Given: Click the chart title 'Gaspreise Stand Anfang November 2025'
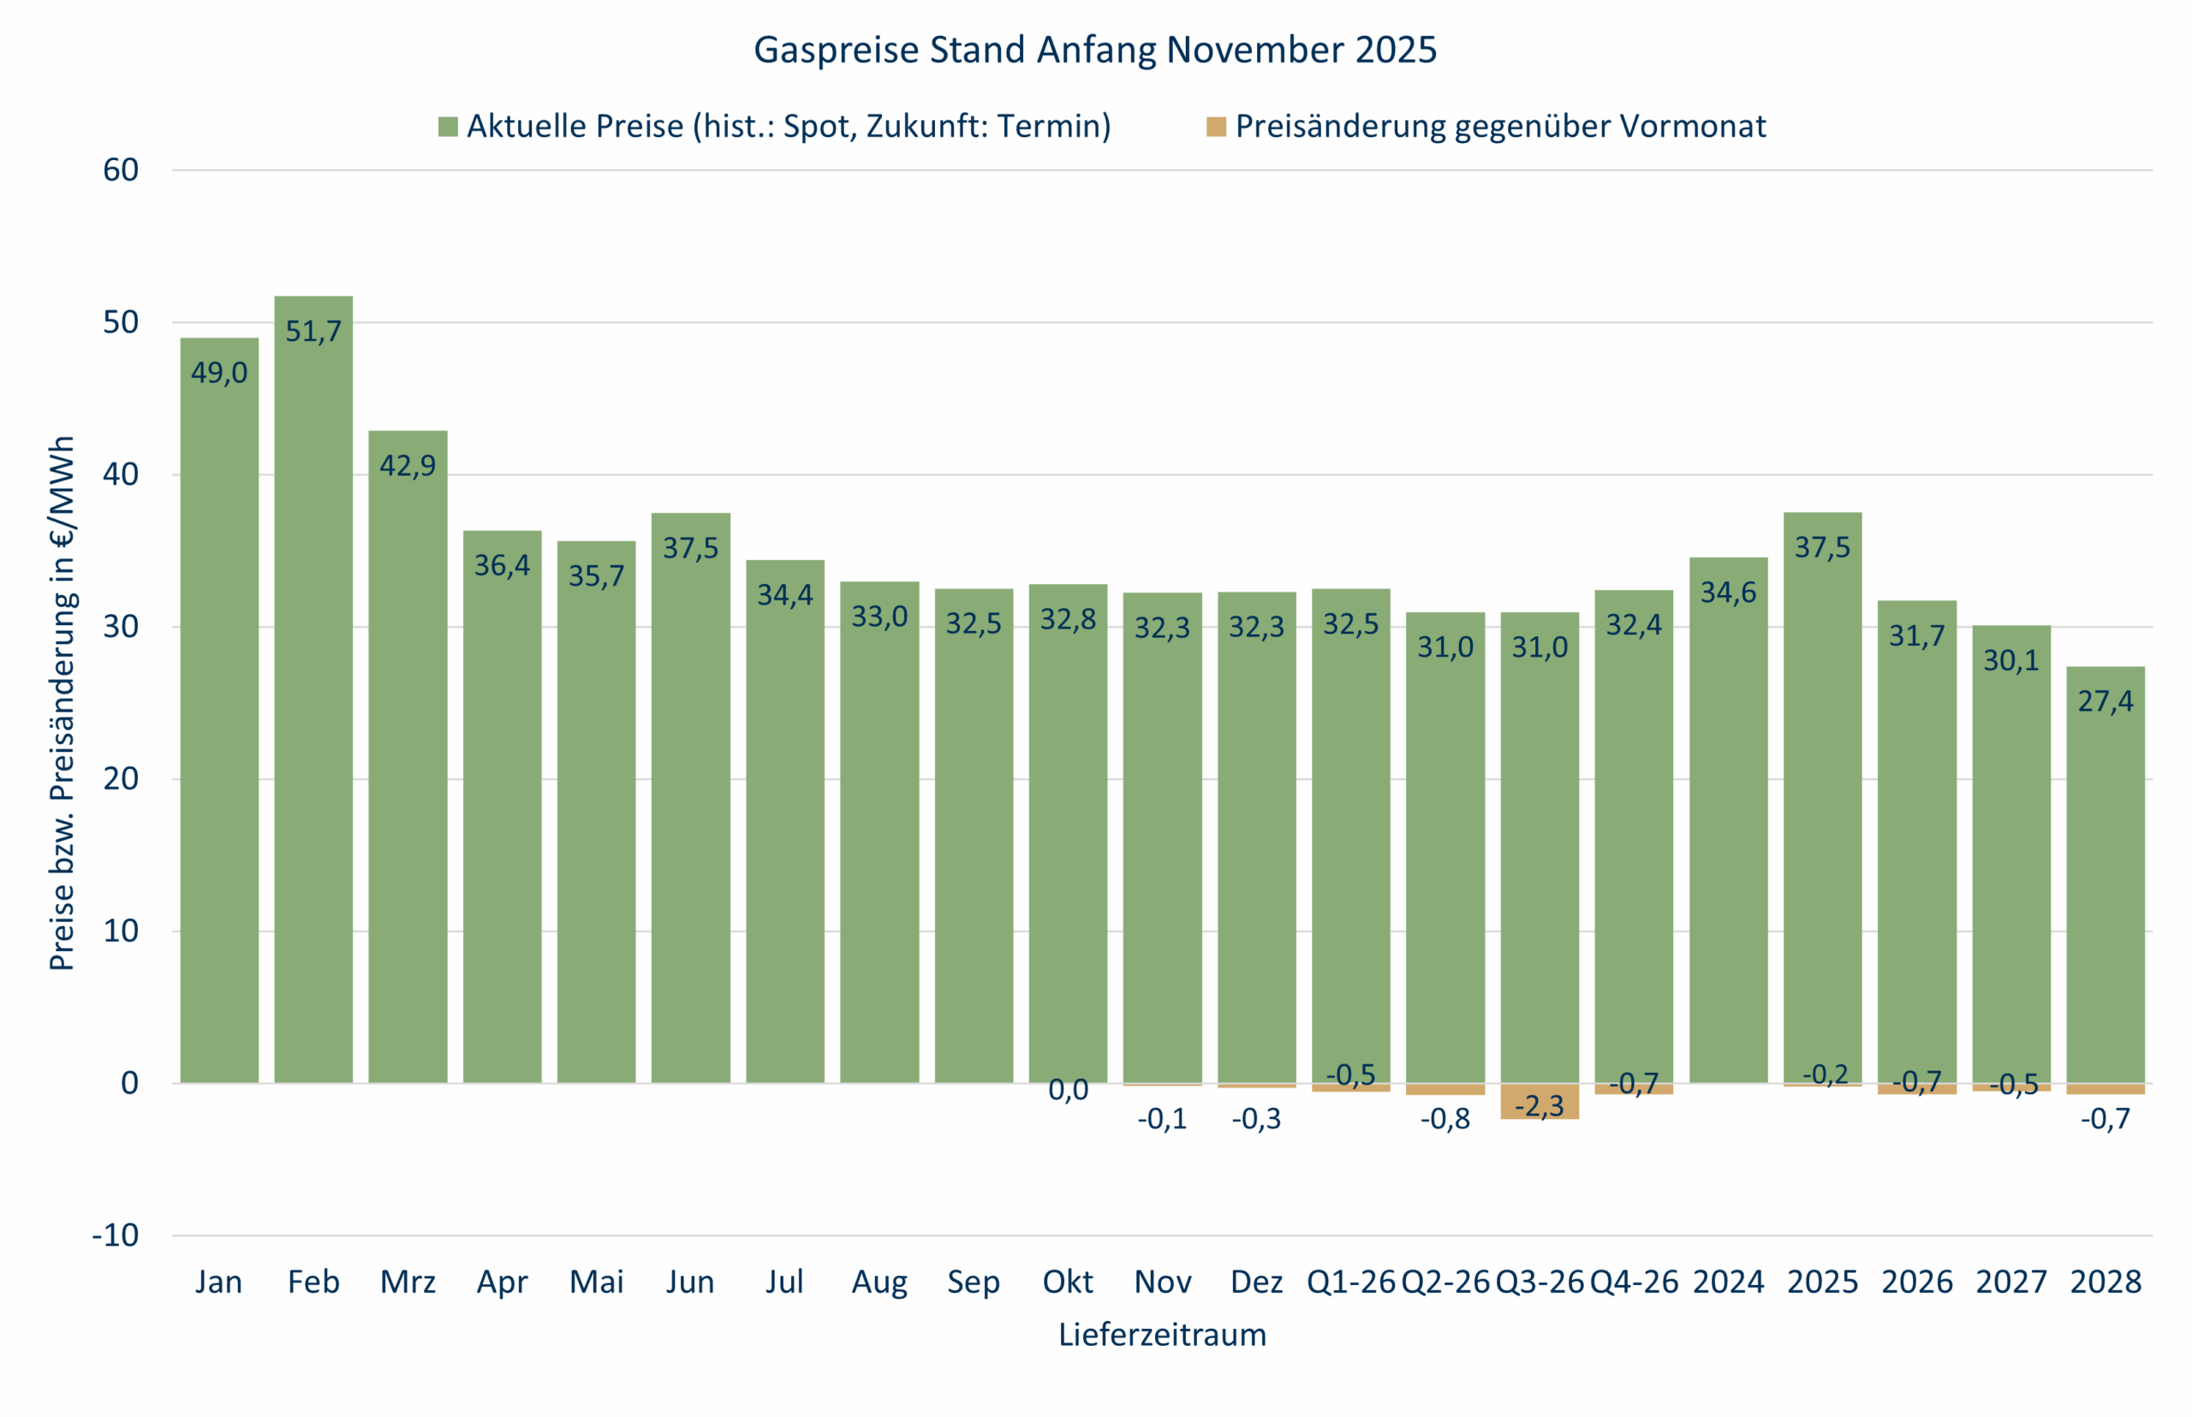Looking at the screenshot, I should pos(1094,50).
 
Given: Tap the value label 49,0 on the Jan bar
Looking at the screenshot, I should pos(219,372).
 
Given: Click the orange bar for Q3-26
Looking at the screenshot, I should pos(1539,1101).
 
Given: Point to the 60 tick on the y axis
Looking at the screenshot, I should pos(121,170).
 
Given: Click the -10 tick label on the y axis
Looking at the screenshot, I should pos(115,1235).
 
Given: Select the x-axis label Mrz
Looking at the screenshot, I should pos(408,1282).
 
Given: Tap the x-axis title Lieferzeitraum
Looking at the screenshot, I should pos(1161,1334).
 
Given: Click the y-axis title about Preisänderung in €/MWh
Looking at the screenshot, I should pos(62,703).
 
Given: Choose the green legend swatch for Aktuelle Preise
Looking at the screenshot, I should pos(448,127).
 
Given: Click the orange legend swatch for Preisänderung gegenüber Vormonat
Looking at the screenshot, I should pos(1216,127).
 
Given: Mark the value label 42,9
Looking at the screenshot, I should pos(408,466).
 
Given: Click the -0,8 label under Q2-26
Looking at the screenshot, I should pos(1444,1119).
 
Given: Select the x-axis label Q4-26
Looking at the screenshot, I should pos(1634,1282).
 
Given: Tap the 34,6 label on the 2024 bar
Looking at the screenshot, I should pos(1727,592).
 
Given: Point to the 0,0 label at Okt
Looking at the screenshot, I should pos(1068,1090).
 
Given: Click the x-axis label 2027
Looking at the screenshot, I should pos(2010,1282).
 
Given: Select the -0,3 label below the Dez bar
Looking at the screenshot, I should pos(1256,1119).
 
